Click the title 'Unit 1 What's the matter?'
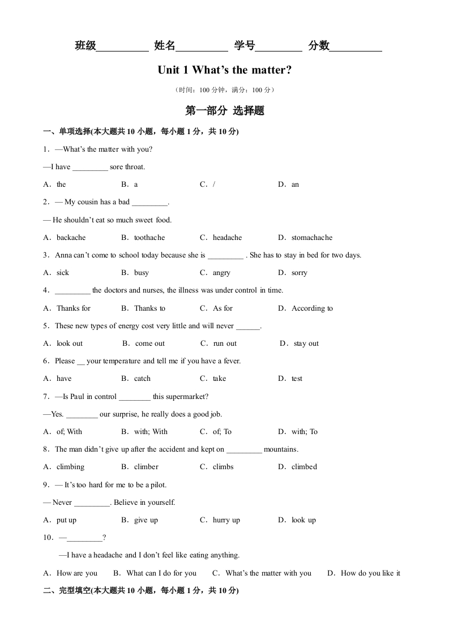click(225, 70)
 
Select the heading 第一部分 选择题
click(225, 111)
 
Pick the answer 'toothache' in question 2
click(149, 238)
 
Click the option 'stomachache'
click(311, 238)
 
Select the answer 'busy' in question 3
click(142, 273)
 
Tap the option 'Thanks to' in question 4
click(149, 308)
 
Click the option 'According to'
click(312, 308)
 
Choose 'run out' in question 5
click(225, 344)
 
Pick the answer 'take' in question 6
click(219, 379)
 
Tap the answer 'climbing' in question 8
click(70, 467)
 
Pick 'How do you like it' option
click(370, 573)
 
